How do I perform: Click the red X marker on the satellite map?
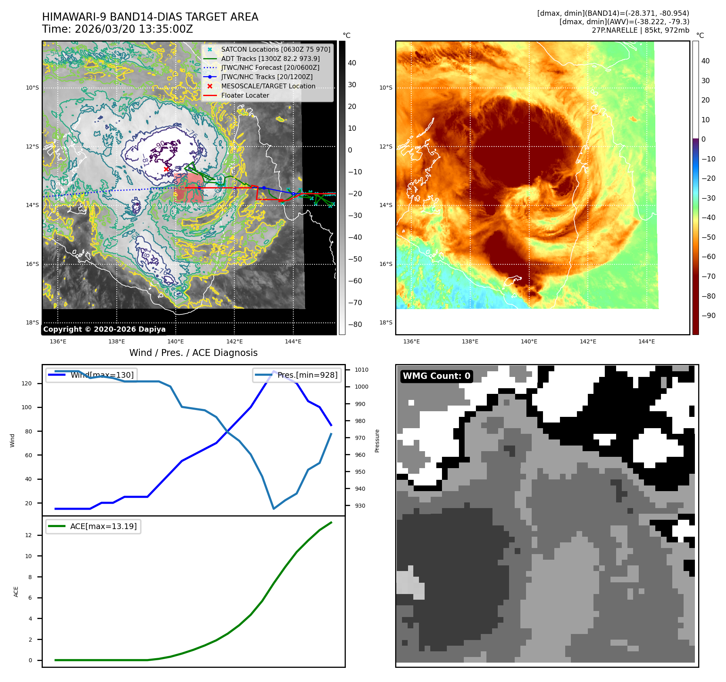point(166,169)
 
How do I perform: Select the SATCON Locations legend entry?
point(276,49)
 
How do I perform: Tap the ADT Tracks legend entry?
point(270,59)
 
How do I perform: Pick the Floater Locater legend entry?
point(245,96)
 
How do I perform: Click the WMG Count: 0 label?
point(436,376)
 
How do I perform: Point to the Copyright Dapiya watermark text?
point(104,329)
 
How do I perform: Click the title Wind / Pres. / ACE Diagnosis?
point(193,353)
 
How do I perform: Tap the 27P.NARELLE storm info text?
point(640,30)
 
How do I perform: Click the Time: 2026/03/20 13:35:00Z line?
point(118,29)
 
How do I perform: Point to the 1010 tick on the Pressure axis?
point(361,370)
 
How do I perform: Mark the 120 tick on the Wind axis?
point(27,383)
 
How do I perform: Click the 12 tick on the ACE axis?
point(28,535)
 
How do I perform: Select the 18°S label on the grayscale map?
point(33,322)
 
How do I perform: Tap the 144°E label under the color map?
point(646,341)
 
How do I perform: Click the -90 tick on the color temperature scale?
point(708,316)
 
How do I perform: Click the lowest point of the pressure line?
point(274,508)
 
